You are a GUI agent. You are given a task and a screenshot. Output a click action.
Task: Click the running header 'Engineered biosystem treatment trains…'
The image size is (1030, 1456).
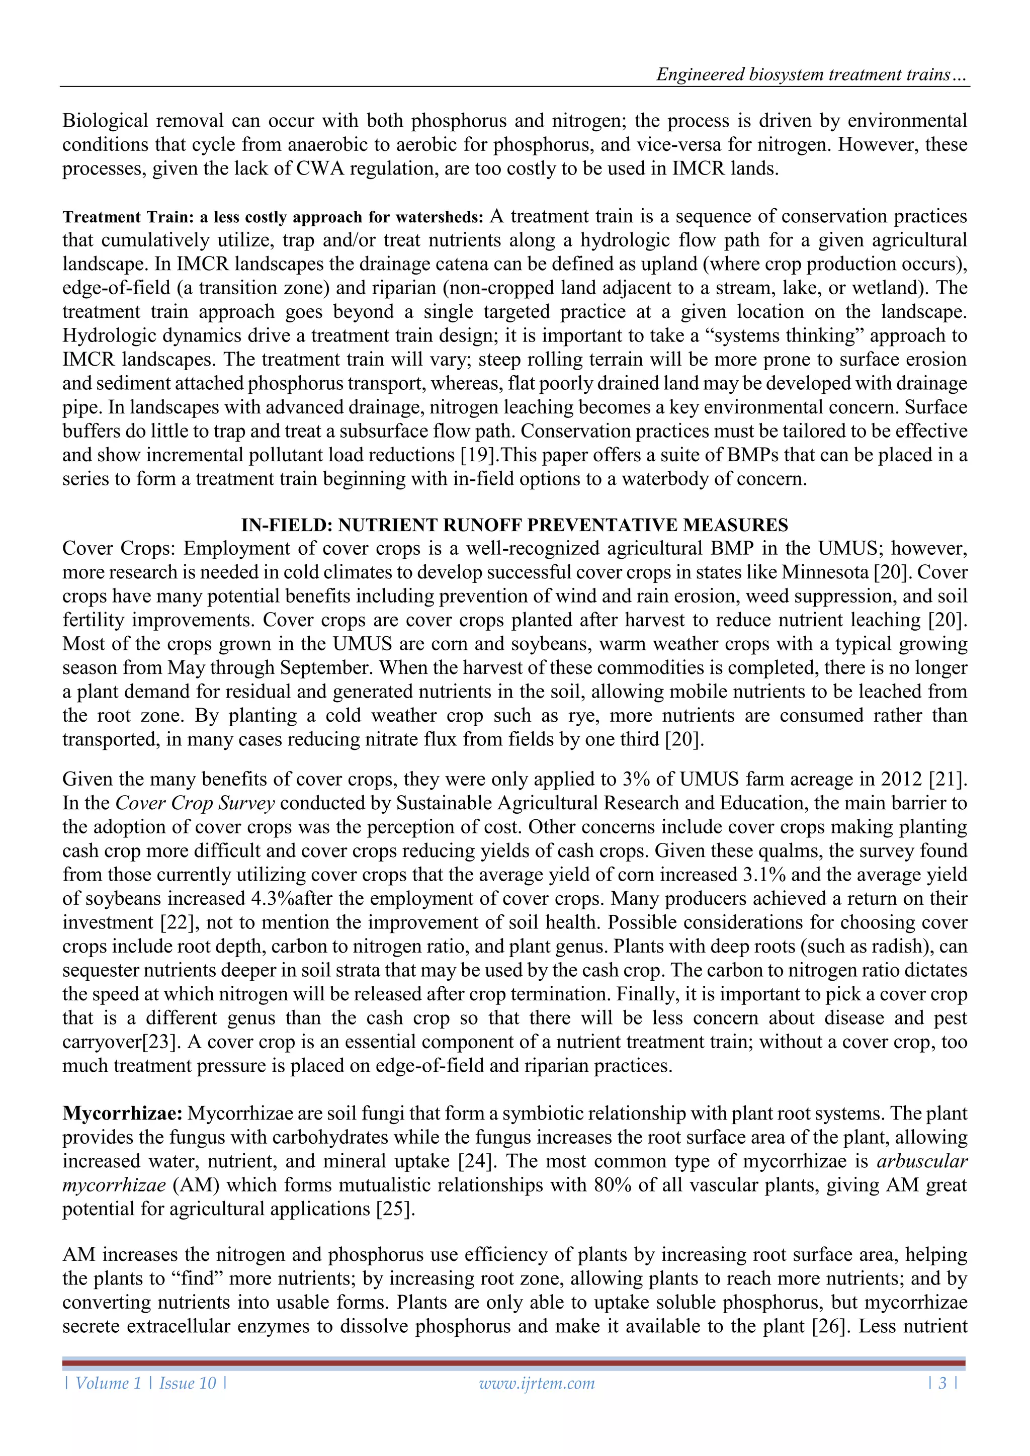(811, 75)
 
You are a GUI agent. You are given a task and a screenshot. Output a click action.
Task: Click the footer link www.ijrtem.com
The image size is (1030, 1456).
(537, 1383)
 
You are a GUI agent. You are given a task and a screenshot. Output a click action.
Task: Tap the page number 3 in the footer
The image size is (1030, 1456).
(942, 1383)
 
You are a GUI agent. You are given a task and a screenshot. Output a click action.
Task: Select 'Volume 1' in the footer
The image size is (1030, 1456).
(108, 1383)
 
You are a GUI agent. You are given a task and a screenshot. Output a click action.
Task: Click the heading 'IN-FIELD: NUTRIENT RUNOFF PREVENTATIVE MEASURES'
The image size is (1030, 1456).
(514, 525)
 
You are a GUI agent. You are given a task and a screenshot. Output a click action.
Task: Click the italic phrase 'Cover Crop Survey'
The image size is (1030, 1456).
(195, 804)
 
